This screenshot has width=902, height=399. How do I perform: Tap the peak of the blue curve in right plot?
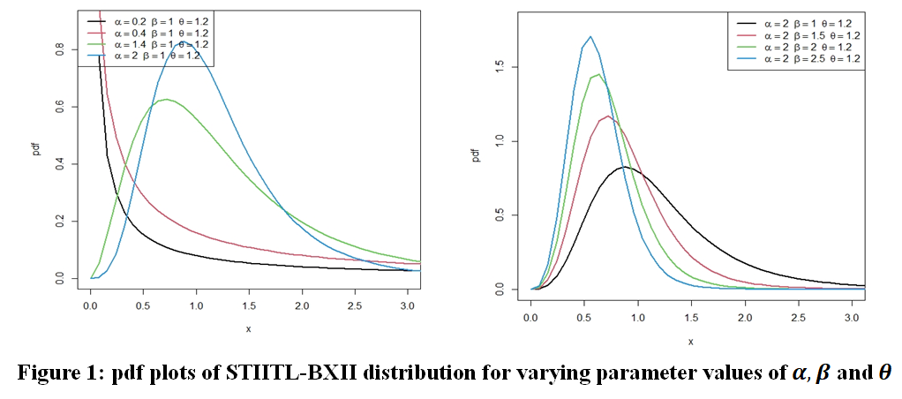click(590, 37)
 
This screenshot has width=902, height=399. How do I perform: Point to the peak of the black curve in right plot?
click(624, 167)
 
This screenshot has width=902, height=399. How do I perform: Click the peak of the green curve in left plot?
click(166, 99)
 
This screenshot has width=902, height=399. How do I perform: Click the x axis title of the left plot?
click(250, 328)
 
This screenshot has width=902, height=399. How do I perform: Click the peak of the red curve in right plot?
click(608, 116)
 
